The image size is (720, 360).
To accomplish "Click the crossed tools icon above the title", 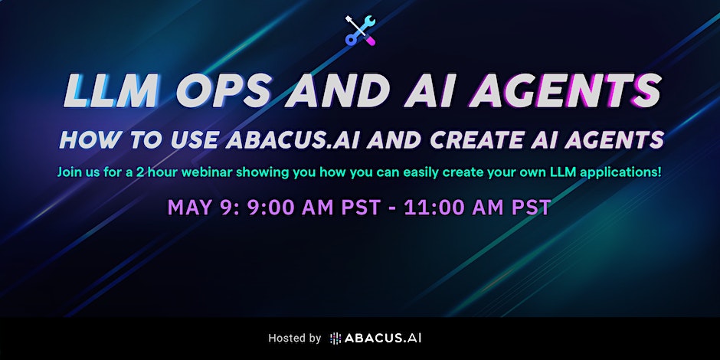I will (359, 30).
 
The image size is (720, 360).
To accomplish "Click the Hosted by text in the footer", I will (294, 338).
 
